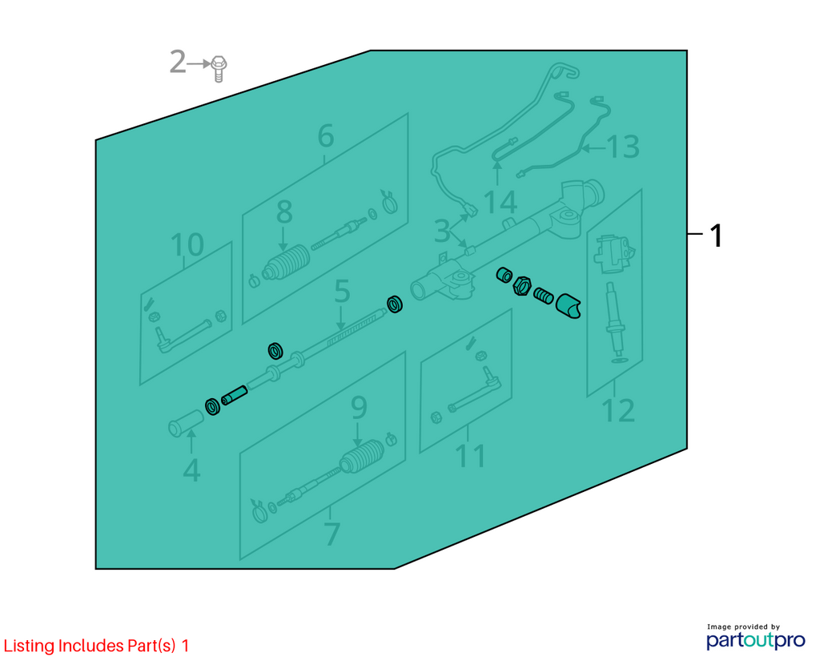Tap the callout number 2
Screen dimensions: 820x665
178,62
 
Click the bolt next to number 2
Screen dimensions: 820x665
219,69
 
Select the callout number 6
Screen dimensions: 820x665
325,136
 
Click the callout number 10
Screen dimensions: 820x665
187,244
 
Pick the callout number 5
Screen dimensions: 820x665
341,291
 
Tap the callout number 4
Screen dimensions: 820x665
191,470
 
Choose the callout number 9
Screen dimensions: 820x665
359,407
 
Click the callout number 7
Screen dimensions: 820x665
332,533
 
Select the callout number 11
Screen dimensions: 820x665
471,456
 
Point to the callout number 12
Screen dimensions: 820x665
618,410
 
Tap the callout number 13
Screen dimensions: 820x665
623,147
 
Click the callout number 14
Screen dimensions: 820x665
500,203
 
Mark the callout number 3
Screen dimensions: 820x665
442,231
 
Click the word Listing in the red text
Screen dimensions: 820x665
30,646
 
